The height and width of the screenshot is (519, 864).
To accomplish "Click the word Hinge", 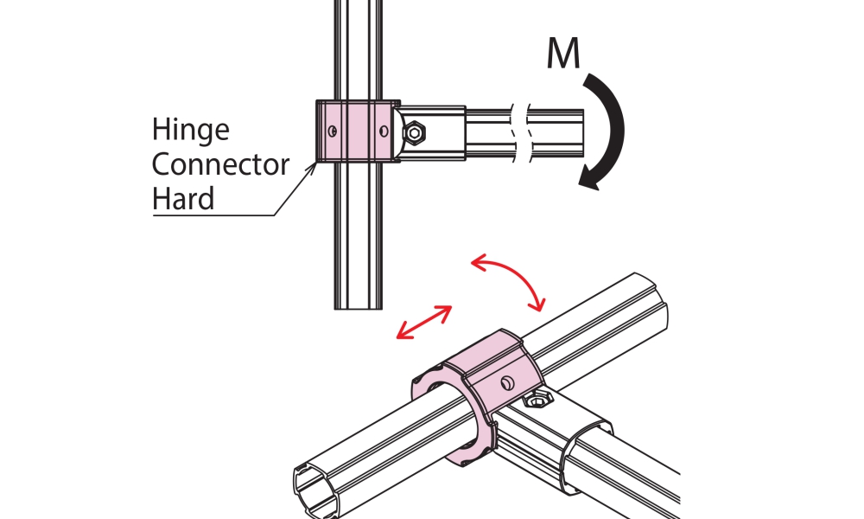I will pyautogui.click(x=191, y=131).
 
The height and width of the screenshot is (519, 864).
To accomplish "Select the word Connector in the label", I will pyautogui.click(x=220, y=164).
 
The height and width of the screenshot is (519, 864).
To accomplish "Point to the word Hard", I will pyautogui.click(x=183, y=199).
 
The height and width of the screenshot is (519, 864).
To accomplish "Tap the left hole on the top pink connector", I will pyautogui.click(x=331, y=131).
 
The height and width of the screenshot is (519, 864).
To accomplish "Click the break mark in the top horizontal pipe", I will pyautogui.click(x=518, y=132).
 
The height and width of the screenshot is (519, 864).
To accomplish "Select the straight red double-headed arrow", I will pyautogui.click(x=423, y=322).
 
